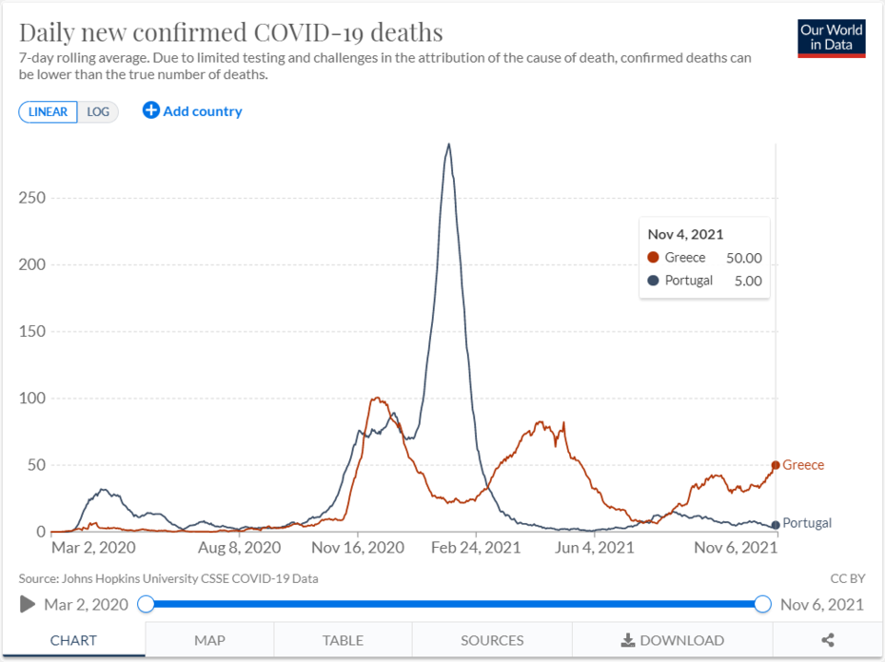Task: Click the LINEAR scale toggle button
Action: pyautogui.click(x=48, y=111)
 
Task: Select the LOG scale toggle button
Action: pyautogui.click(x=98, y=111)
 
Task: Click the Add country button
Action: pyautogui.click(x=192, y=111)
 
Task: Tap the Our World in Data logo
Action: pyautogui.click(x=832, y=37)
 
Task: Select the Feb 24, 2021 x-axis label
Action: pyautogui.click(x=476, y=548)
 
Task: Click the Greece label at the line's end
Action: pyautogui.click(x=803, y=465)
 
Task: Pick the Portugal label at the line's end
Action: pyautogui.click(x=807, y=523)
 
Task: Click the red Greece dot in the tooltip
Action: pyautogui.click(x=653, y=258)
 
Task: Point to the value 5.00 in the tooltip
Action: pyautogui.click(x=746, y=281)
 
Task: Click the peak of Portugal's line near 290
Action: pyautogui.click(x=448, y=145)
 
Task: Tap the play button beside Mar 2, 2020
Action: pyautogui.click(x=28, y=604)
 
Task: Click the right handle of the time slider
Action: pyautogui.click(x=762, y=604)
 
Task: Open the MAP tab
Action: pyautogui.click(x=209, y=640)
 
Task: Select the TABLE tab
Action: pyautogui.click(x=343, y=640)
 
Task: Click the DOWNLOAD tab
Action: pyautogui.click(x=672, y=640)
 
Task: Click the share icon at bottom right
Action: pyautogui.click(x=828, y=640)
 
